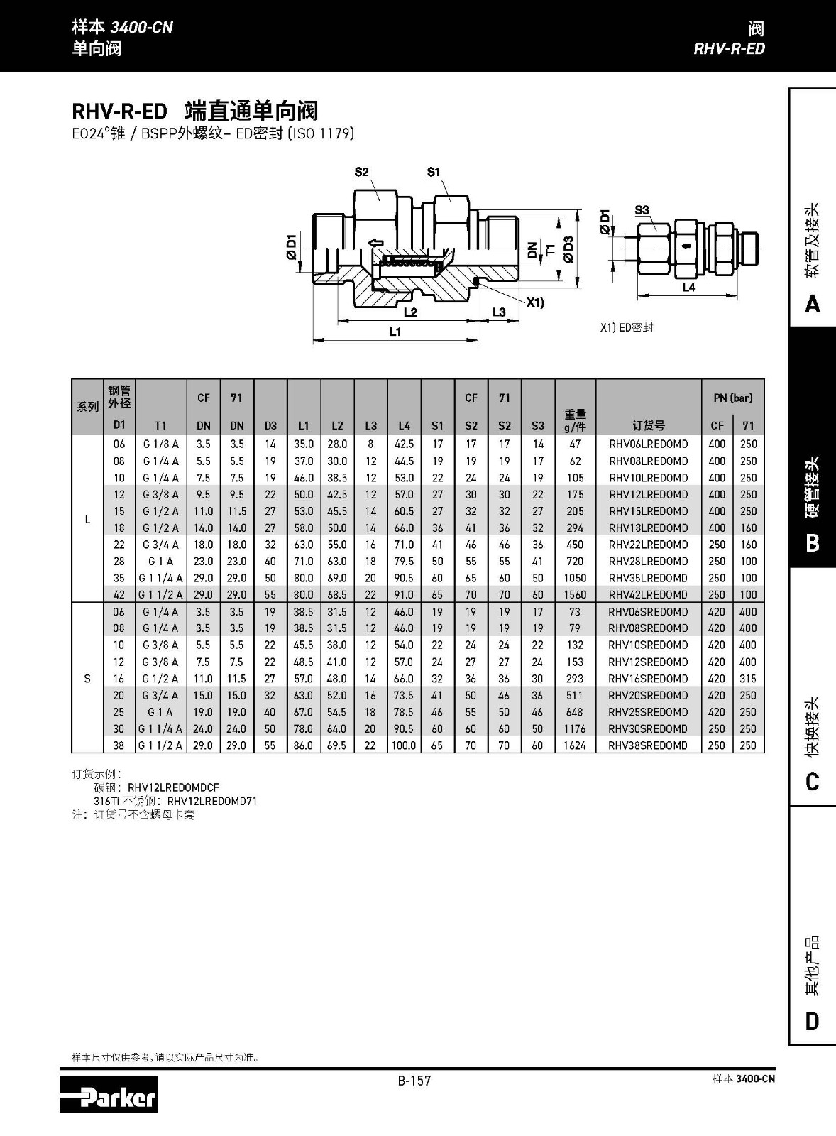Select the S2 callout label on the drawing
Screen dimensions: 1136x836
pyautogui.click(x=361, y=172)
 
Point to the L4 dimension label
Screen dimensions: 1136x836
pyautogui.click(x=688, y=288)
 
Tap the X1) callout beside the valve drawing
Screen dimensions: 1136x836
pyautogui.click(x=535, y=302)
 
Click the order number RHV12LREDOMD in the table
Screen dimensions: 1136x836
pyautogui.click(x=648, y=494)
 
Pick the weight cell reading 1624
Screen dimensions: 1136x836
pyautogui.click(x=575, y=745)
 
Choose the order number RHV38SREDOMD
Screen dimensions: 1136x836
pyautogui.click(x=648, y=745)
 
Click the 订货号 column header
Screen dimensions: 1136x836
pyautogui.click(x=648, y=425)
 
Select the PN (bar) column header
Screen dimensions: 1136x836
pyautogui.click(x=732, y=398)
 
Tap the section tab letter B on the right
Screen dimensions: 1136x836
pyautogui.click(x=813, y=543)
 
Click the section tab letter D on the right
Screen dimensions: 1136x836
pyautogui.click(x=813, y=1021)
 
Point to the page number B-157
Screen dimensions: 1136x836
pyautogui.click(x=414, y=1081)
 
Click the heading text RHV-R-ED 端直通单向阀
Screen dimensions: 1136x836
pyautogui.click(x=194, y=111)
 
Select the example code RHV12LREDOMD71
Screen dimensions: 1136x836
pyautogui.click(x=212, y=801)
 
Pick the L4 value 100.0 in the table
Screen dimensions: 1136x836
pyautogui.click(x=404, y=745)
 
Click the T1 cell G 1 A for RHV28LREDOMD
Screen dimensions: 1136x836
pyautogui.click(x=160, y=561)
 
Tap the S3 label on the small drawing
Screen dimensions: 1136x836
pyautogui.click(x=642, y=209)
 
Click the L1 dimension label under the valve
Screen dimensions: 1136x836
pyautogui.click(x=395, y=332)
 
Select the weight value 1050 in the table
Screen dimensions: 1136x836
pyautogui.click(x=575, y=578)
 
